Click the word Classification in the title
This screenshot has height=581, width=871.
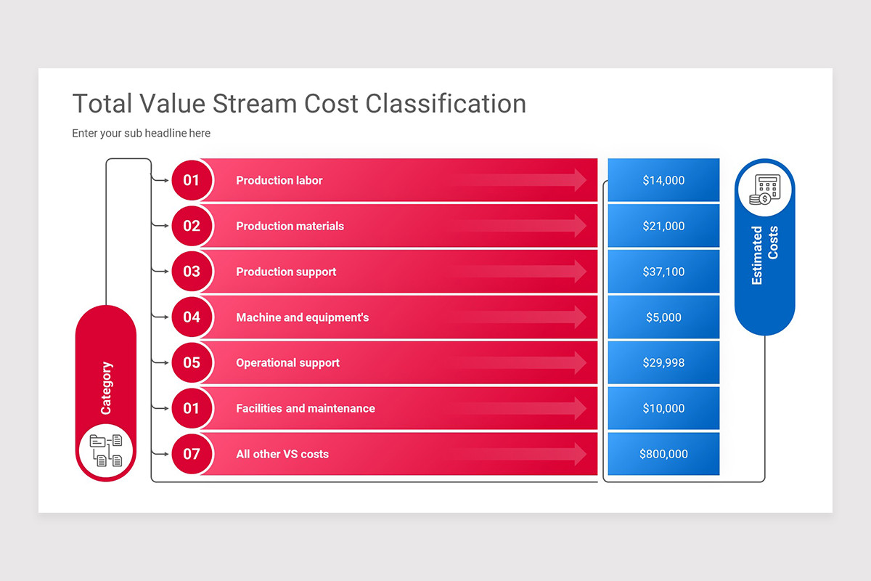point(446,104)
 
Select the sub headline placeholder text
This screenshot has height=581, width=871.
point(141,133)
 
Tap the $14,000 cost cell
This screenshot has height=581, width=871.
point(663,180)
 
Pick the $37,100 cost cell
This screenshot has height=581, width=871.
point(663,272)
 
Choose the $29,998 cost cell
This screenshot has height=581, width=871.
point(663,362)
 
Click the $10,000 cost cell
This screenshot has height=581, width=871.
point(663,408)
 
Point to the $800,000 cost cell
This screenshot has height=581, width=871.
point(663,454)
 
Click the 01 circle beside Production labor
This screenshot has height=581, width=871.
point(192,180)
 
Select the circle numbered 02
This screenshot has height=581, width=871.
point(192,226)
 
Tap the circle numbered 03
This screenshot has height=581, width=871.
point(192,272)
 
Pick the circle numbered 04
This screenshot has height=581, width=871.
point(192,317)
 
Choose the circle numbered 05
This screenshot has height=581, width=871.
point(192,362)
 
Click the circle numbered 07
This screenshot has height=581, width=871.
point(192,454)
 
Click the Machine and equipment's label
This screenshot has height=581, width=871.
point(302,317)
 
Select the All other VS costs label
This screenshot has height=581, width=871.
point(282,454)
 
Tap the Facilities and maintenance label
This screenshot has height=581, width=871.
point(306,408)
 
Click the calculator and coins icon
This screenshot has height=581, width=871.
point(764,190)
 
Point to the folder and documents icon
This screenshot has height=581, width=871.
point(105,450)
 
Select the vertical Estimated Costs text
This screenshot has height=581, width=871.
point(764,254)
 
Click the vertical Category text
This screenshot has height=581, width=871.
point(106,388)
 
